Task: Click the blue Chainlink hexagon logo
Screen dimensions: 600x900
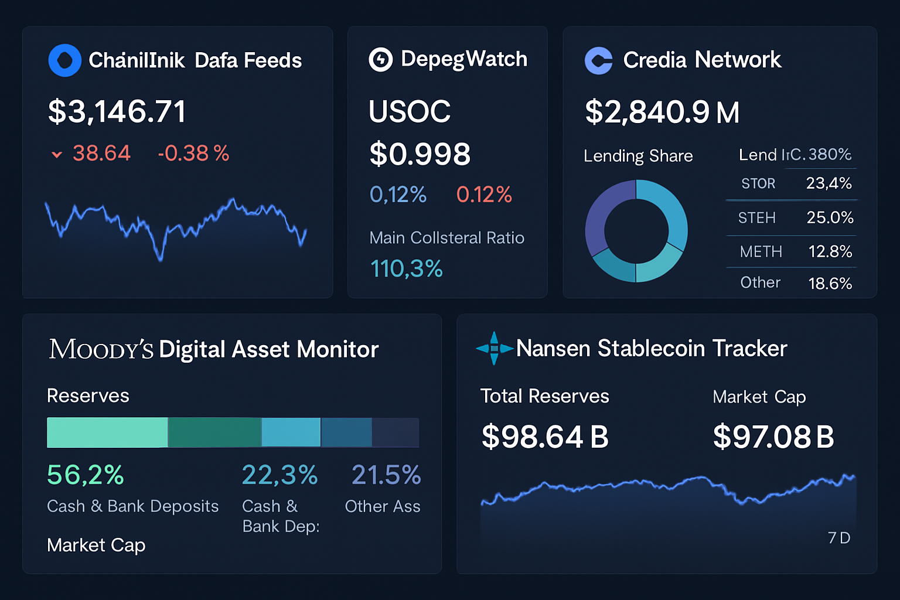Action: pyautogui.click(x=64, y=60)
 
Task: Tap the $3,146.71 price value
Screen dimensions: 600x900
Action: pyautogui.click(x=117, y=111)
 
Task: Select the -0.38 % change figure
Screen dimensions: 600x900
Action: pyautogui.click(x=193, y=154)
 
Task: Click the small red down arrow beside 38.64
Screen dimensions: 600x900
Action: pyautogui.click(x=57, y=155)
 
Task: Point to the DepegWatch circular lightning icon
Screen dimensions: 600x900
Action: pyautogui.click(x=380, y=59)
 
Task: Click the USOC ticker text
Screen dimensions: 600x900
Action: pyautogui.click(x=410, y=111)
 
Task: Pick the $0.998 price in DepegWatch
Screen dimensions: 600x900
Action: pyautogui.click(x=420, y=154)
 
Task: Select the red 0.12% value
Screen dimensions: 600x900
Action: pyautogui.click(x=484, y=195)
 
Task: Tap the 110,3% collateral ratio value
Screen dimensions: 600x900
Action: pyautogui.click(x=406, y=269)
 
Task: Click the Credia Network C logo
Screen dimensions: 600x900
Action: pyautogui.click(x=598, y=60)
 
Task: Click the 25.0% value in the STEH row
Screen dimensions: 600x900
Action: pyautogui.click(x=830, y=217)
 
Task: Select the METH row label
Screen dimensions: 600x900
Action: pyautogui.click(x=761, y=252)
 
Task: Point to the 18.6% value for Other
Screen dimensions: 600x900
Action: pyautogui.click(x=830, y=284)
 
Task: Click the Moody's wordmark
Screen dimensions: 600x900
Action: pyautogui.click(x=101, y=349)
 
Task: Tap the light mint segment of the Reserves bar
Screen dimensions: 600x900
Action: pyautogui.click(x=107, y=432)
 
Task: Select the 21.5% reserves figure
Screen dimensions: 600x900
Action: pyautogui.click(x=386, y=475)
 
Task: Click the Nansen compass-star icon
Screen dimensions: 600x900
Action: pyautogui.click(x=494, y=349)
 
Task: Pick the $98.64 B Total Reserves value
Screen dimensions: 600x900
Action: pyautogui.click(x=545, y=437)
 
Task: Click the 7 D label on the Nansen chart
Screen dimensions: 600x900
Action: pyautogui.click(x=838, y=538)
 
